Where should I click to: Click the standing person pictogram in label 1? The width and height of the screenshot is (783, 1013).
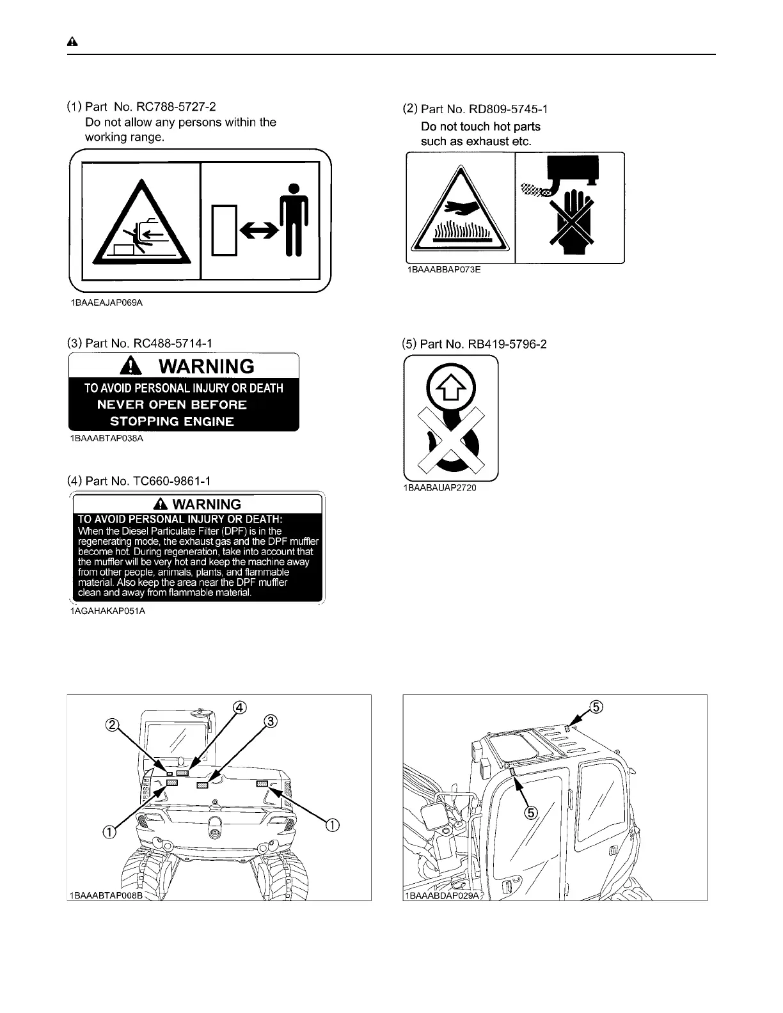coord(294,219)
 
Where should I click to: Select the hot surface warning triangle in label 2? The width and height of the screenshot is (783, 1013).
coord(460,211)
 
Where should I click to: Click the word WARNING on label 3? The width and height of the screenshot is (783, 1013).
coord(206,366)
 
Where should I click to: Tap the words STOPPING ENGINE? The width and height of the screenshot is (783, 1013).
coord(171,421)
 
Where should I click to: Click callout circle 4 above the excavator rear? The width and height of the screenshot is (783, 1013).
coord(238,707)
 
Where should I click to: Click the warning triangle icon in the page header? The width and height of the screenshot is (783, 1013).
coord(72,42)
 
